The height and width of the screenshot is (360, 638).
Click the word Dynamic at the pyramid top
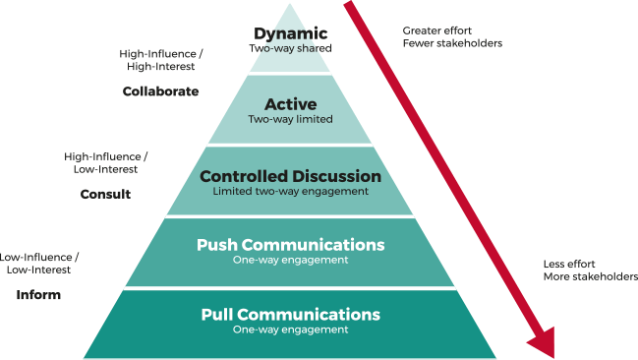pyautogui.click(x=291, y=33)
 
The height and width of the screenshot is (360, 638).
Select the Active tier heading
pyautogui.click(x=291, y=104)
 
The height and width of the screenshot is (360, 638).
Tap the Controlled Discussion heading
pyautogui.click(x=290, y=176)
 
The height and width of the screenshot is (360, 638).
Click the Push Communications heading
pyautogui.click(x=290, y=245)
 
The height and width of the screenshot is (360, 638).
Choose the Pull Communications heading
pyautogui.click(x=290, y=315)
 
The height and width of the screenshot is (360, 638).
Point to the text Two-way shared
pyautogui.click(x=291, y=48)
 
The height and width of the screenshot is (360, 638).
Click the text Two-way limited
pyautogui.click(x=291, y=119)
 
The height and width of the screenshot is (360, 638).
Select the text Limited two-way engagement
pyautogui.click(x=290, y=191)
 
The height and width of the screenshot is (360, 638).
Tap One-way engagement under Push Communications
pyautogui.click(x=290, y=260)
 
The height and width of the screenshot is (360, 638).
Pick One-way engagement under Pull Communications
pyautogui.click(x=290, y=330)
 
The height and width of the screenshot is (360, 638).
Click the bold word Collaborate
pyautogui.click(x=160, y=91)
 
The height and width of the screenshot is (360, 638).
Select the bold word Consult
pyautogui.click(x=105, y=194)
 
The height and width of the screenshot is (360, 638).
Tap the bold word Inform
pyautogui.click(x=38, y=294)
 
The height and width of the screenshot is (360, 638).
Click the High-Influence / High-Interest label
pyautogui.click(x=159, y=61)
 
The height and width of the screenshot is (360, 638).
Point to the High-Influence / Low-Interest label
pyautogui.click(x=105, y=162)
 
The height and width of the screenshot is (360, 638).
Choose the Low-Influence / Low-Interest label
pyautogui.click(x=39, y=263)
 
